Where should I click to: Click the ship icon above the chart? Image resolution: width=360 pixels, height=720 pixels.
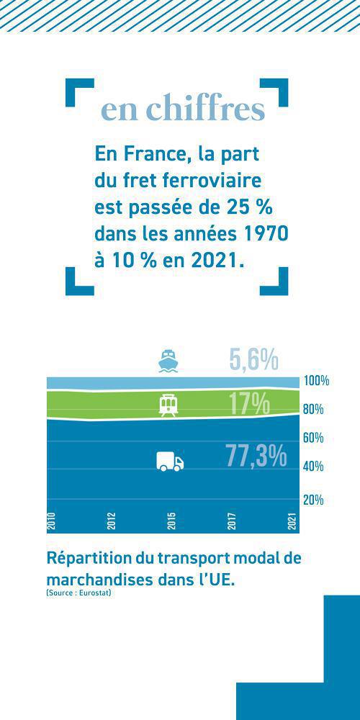point(168,360)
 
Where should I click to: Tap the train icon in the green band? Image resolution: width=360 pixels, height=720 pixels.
point(168,405)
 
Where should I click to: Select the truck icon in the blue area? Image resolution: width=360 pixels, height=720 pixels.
point(170,462)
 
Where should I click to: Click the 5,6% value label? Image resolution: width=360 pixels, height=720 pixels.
point(253,360)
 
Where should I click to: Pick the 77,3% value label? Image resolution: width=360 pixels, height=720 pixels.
point(256,456)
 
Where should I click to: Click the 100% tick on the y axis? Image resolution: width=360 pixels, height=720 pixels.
point(315,381)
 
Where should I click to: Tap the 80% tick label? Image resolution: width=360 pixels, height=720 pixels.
point(313,410)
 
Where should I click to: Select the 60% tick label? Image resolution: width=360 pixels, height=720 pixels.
point(313,438)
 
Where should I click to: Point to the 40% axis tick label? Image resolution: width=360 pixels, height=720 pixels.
point(313,467)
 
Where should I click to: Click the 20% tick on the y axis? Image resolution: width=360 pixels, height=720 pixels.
point(313,500)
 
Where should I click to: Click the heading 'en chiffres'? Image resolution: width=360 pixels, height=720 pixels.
point(183,109)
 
